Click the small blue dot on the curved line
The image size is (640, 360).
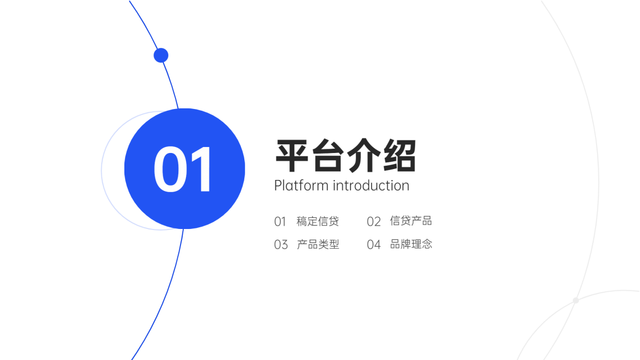tap(161, 55)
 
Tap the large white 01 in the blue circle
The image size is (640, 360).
tap(183, 170)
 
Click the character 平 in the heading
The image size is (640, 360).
tap(292, 156)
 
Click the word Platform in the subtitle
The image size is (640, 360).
tap(300, 186)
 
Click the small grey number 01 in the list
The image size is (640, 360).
tap(280, 222)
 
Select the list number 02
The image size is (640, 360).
tap(374, 222)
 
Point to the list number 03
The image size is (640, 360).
tap(281, 245)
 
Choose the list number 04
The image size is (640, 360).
tap(374, 245)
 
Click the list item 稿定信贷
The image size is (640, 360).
tap(318, 221)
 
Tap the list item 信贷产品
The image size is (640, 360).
tap(411, 221)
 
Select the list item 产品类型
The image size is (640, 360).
tap(318, 244)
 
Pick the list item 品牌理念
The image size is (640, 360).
tap(411, 244)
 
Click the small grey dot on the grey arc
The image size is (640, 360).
tap(576, 301)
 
